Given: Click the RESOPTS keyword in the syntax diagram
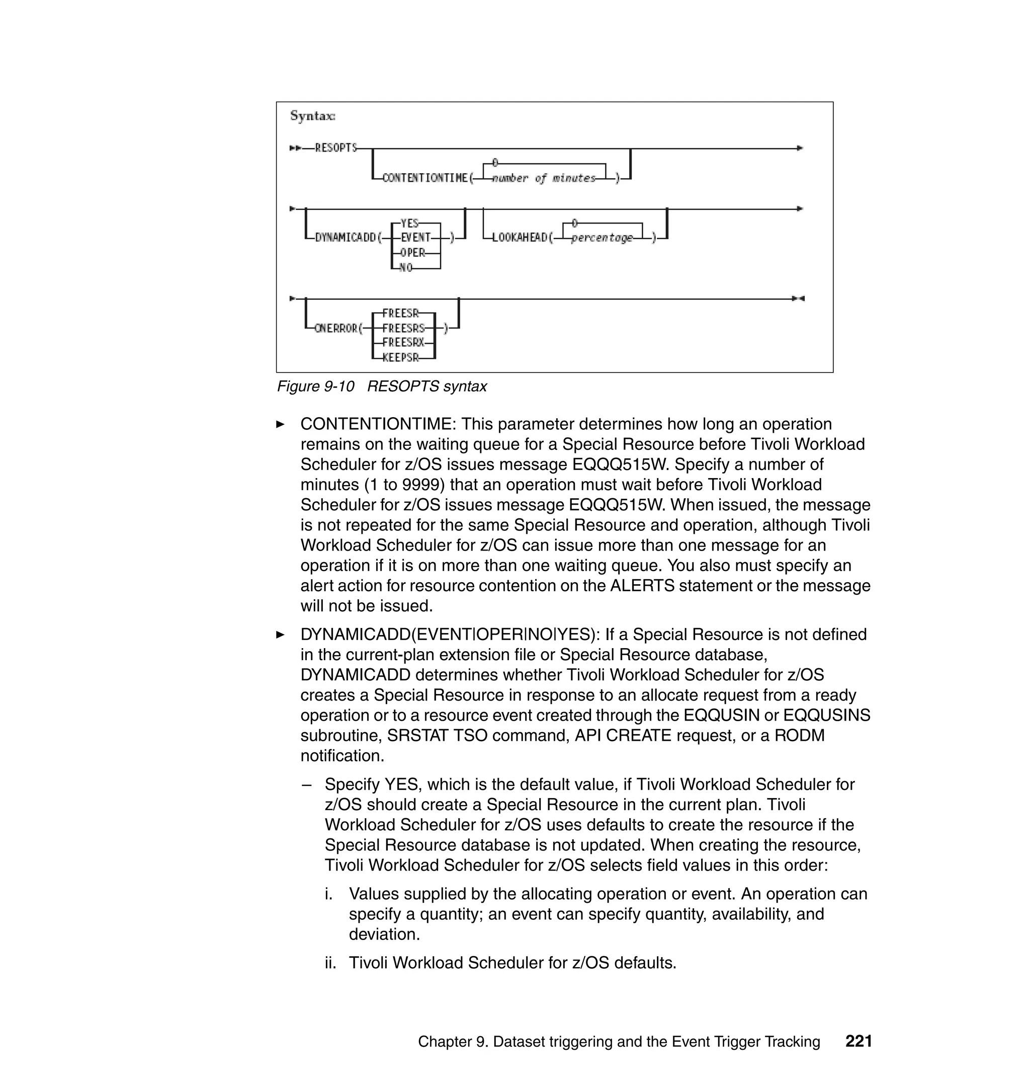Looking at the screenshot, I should point(335,148).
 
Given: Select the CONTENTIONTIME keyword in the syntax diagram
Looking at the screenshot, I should point(424,178).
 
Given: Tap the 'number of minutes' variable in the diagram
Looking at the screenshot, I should point(544,178).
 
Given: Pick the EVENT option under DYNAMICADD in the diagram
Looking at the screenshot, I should point(415,238).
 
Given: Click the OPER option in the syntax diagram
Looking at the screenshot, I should point(412,253).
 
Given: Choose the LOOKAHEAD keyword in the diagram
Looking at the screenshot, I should point(520,238).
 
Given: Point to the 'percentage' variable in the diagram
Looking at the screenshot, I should point(602,238).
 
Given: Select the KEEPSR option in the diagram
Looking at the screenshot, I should point(401,358).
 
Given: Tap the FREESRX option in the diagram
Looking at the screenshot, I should point(403,343).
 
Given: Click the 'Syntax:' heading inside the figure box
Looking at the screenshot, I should point(312,116).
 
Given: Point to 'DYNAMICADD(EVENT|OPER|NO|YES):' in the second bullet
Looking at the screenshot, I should point(450,635).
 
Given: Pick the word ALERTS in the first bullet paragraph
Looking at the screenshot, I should point(642,586).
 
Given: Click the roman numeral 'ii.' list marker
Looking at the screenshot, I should point(330,963).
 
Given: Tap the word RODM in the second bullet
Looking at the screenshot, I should point(799,736).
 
